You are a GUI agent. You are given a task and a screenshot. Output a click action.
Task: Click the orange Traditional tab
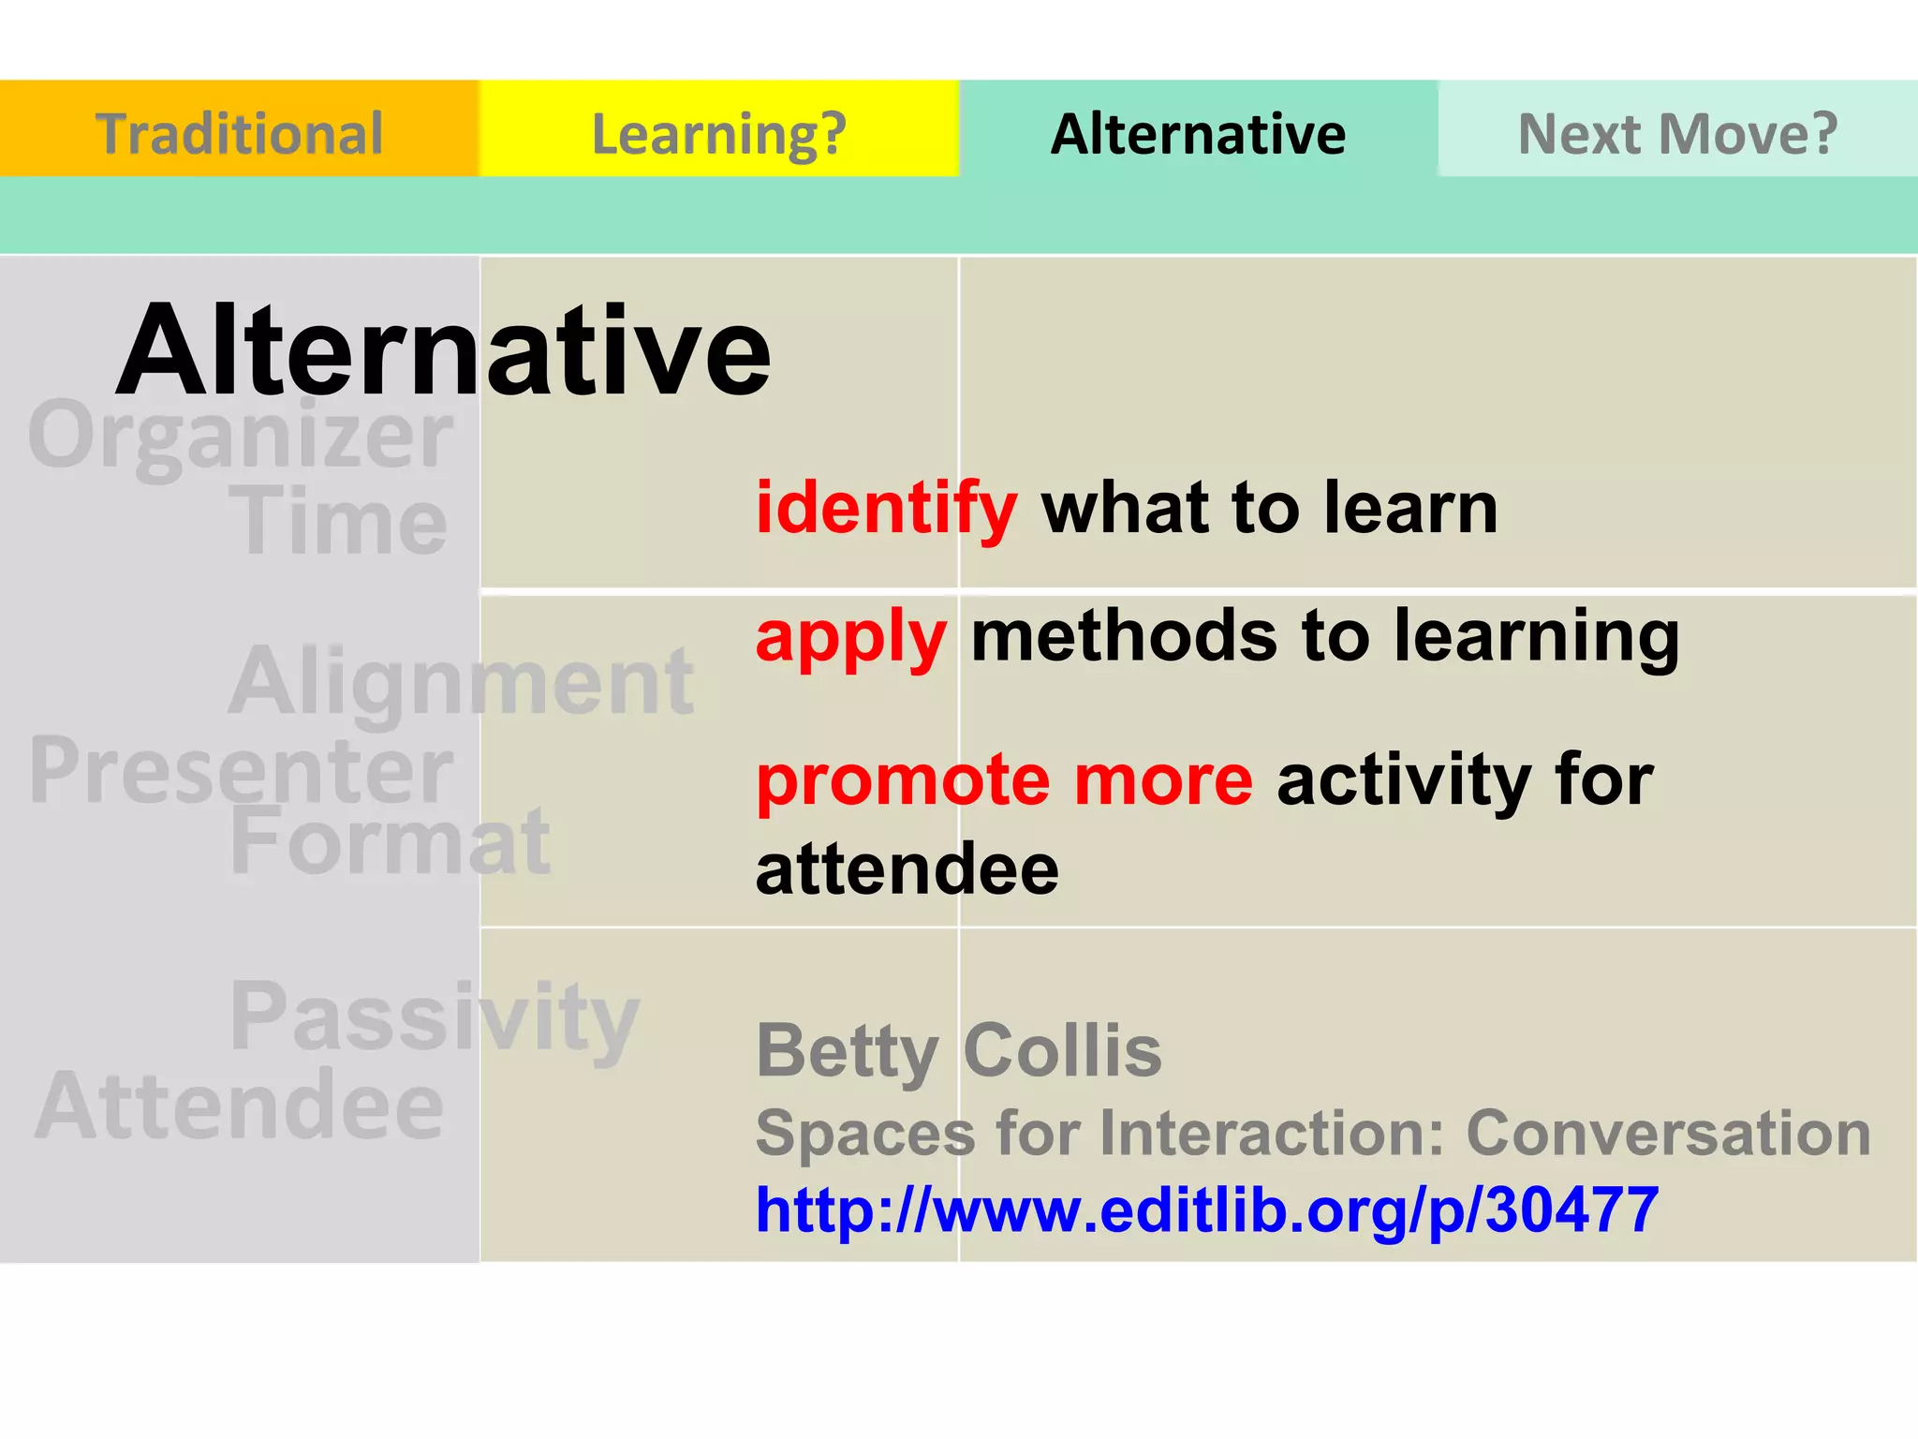coord(239,132)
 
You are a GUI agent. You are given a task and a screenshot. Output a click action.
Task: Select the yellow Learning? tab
coord(718,132)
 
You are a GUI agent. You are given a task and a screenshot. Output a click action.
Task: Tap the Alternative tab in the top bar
coord(1198,132)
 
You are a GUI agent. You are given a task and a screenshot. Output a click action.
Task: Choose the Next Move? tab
coord(1677,132)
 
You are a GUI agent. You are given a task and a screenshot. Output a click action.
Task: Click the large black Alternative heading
coord(443,351)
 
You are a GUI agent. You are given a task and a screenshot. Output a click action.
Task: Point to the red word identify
coord(886,509)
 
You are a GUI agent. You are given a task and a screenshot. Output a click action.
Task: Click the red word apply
coord(850,637)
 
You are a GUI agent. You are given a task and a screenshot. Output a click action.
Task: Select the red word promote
coord(902,781)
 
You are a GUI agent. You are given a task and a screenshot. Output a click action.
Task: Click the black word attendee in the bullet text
coord(907,868)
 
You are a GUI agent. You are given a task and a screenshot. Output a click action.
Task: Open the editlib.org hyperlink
coord(1207,1209)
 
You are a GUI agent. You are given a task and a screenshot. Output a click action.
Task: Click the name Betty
coord(846,1051)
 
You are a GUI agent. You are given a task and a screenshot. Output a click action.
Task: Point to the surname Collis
coord(1062,1050)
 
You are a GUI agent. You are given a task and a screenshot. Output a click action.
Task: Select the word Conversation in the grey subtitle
coord(1668,1133)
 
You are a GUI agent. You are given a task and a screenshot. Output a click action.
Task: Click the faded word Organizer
coord(241,436)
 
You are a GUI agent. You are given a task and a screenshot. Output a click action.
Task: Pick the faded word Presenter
coord(241,770)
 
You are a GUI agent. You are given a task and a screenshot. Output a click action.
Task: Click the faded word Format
coord(390,841)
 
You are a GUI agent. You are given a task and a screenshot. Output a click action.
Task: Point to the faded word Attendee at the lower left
coord(240,1105)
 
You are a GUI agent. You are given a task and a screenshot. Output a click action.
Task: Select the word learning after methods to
coord(1536,637)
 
